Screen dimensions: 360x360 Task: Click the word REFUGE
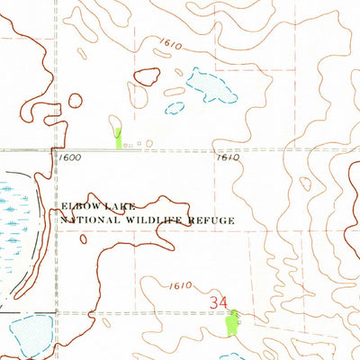coord(212,219)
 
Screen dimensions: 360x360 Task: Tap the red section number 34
coord(219,303)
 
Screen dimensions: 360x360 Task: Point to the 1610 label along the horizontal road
coord(229,157)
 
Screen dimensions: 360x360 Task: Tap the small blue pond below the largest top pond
coord(175,108)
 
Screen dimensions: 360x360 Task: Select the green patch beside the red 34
coord(235,321)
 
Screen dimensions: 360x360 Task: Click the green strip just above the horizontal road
coord(119,137)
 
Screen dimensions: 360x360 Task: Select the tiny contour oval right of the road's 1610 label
coord(306,184)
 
